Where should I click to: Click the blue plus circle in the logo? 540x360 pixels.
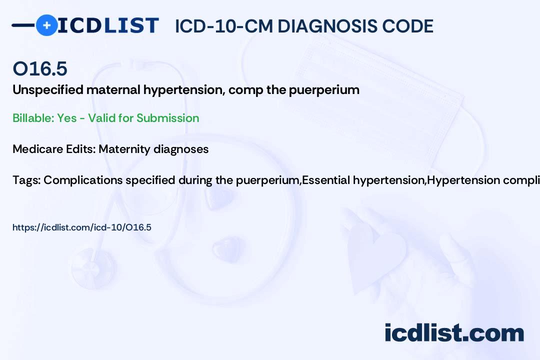coord(46,25)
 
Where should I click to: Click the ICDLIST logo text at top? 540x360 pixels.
coord(108,25)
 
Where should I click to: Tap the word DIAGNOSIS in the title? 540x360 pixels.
coord(327,26)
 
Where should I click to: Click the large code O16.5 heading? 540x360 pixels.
coord(40,68)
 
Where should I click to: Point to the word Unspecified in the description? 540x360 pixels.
coord(48,90)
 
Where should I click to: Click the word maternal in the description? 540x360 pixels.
coord(113,90)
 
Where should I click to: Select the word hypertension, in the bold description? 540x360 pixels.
coord(184,90)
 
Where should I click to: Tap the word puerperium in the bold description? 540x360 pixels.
coord(324,90)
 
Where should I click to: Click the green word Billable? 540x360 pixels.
coord(33,118)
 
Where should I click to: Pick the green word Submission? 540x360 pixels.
coord(167,118)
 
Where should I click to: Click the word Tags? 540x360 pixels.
coord(26,180)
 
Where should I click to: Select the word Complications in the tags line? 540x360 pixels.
coord(83,180)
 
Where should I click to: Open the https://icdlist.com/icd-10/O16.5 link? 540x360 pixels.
coord(82,227)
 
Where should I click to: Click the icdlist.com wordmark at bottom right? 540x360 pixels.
coord(454,332)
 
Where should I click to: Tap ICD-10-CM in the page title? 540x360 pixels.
coord(223,26)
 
